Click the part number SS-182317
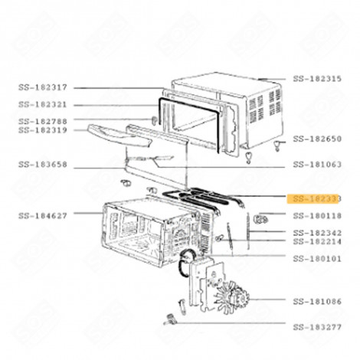click(43, 87)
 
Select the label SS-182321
click(43, 105)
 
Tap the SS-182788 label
click(43, 121)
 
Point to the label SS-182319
click(43, 130)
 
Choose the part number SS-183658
click(43, 165)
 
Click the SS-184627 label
click(43, 216)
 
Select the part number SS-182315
click(318, 79)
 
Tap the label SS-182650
click(318, 139)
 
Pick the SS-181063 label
click(318, 165)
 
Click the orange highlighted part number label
click(318, 198)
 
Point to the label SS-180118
click(318, 216)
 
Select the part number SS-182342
click(318, 232)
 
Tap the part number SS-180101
click(318, 258)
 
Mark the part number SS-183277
click(318, 326)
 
